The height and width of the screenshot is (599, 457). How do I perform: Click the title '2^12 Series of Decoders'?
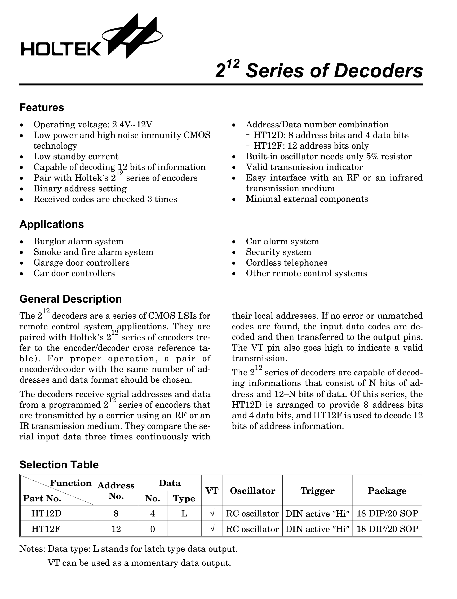319,71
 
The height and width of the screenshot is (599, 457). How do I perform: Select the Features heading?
42,108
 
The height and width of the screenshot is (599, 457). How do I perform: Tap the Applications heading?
51,225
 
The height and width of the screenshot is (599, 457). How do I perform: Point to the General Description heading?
70,299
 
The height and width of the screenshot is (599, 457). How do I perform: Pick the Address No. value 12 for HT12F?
116,529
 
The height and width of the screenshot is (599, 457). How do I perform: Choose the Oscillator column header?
252,491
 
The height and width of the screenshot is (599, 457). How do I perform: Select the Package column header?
387,491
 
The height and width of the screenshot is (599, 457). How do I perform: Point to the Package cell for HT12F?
387,529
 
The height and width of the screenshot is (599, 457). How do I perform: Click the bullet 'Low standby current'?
76,156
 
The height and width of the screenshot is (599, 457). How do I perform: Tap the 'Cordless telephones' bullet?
286,262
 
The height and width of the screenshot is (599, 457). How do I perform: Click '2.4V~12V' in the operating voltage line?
132,125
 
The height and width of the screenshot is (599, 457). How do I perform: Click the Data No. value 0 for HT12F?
152,529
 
